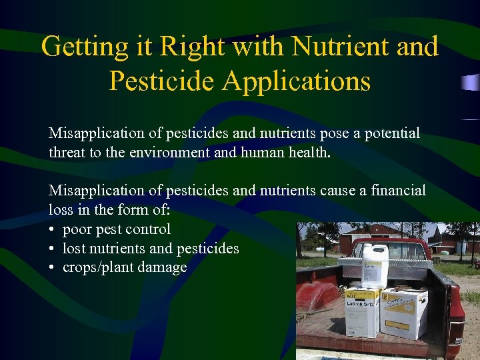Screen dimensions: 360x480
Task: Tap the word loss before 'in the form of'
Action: pyautogui.click(x=61, y=210)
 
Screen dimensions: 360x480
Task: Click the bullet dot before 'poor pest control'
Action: pyautogui.click(x=52, y=230)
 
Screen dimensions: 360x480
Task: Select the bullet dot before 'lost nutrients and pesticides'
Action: pyautogui.click(x=52, y=249)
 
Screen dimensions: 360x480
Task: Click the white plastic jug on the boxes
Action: pyautogui.click(x=374, y=265)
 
